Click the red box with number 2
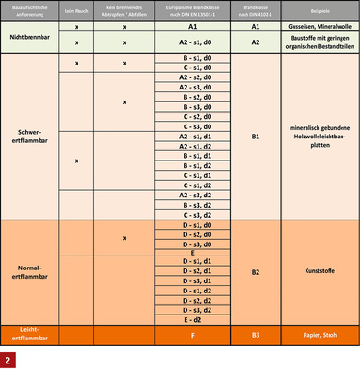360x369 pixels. [x=11, y=357]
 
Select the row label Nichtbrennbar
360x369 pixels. [x=28, y=36]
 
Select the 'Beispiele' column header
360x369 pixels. [x=318, y=12]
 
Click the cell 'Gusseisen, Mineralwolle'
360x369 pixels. [x=318, y=29]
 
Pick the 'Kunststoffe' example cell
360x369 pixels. [x=318, y=272]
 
